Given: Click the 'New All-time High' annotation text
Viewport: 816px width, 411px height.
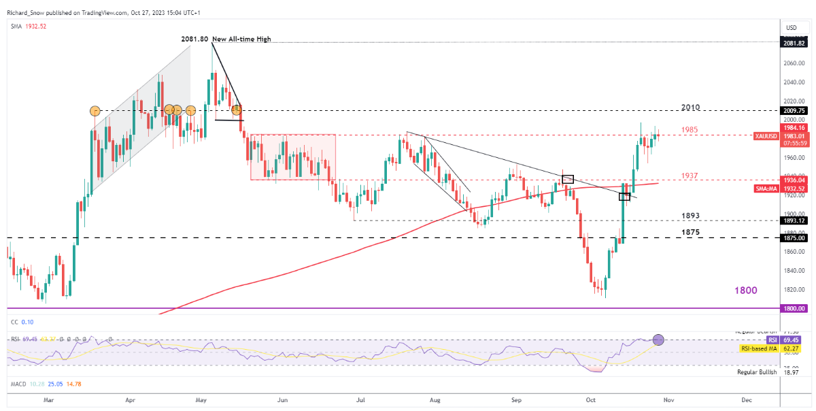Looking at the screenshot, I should (x=241, y=39).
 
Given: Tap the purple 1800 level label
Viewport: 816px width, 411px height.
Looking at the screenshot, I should (x=745, y=291).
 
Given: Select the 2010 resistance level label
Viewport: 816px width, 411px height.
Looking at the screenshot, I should (x=691, y=108).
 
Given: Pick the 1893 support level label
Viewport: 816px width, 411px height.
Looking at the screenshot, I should (x=691, y=215).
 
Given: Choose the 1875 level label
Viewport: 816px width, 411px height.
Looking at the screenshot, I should (x=691, y=232).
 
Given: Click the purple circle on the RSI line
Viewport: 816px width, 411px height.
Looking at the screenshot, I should (x=658, y=340).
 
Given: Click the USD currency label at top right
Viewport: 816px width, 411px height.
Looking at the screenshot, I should (x=791, y=27).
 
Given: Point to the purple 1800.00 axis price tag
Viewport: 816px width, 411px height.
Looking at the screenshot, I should (x=794, y=308).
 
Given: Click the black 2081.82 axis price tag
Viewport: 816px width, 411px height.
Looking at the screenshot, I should (x=794, y=42).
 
